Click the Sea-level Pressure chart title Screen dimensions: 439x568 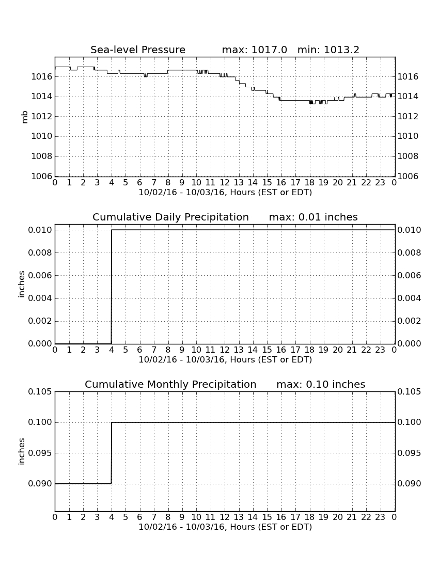pyautogui.click(x=138, y=50)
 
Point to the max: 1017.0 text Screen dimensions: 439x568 pyautogui.click(x=254, y=50)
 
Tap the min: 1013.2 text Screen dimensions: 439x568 pyautogui.click(x=328, y=50)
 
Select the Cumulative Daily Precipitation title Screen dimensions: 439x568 pyautogui.click(x=170, y=217)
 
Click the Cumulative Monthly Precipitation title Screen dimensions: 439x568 pyautogui.click(x=170, y=384)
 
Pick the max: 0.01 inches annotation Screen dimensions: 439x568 pyautogui.click(x=313, y=217)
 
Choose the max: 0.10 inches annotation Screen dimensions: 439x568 pyautogui.click(x=321, y=384)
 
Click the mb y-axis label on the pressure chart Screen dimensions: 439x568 pyautogui.click(x=25, y=117)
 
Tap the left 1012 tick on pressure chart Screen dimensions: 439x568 pyautogui.click(x=42, y=116)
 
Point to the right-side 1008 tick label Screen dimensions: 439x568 pyautogui.click(x=408, y=156)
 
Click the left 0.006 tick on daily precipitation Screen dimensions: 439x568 pyautogui.click(x=40, y=275)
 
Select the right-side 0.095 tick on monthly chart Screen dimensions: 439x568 pyautogui.click(x=409, y=453)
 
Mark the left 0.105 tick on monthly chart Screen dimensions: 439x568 pyautogui.click(x=40, y=391)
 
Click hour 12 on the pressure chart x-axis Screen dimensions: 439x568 pyautogui.click(x=225, y=183)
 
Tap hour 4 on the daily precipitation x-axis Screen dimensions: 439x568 pyautogui.click(x=111, y=350)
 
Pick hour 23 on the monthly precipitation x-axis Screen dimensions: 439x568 pyautogui.click(x=380, y=517)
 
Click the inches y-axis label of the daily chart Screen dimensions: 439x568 pyautogui.click(x=21, y=285)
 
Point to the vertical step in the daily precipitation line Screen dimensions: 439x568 pyautogui.click(x=111, y=287)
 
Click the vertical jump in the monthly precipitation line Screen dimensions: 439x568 pyautogui.click(x=111, y=453)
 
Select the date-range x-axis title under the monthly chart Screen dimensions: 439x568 pyautogui.click(x=225, y=527)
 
